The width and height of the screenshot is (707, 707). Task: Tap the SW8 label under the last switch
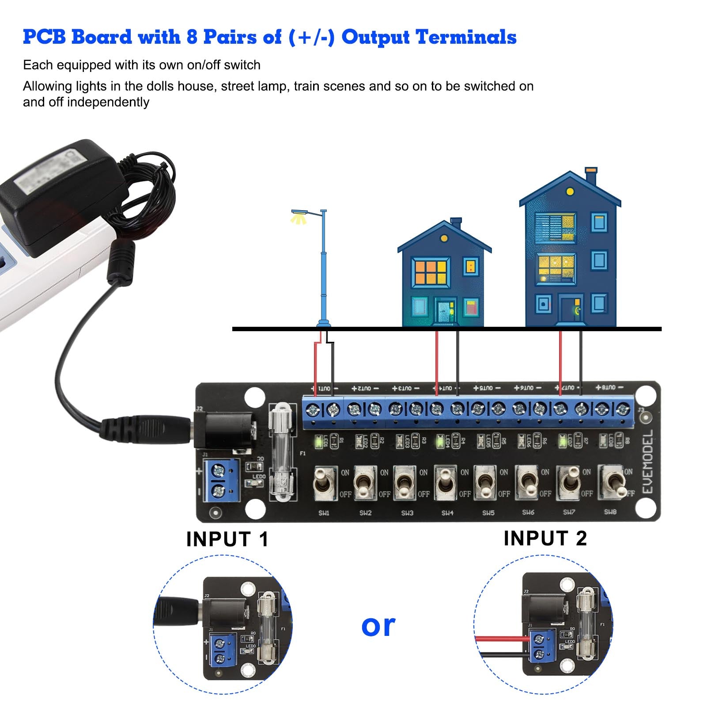click(x=610, y=512)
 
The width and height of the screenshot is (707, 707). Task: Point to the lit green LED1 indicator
click(x=318, y=441)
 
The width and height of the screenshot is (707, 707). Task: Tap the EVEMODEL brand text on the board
click(x=647, y=462)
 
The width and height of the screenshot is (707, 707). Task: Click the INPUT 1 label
click(x=227, y=539)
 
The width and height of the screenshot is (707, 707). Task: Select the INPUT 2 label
click(x=545, y=538)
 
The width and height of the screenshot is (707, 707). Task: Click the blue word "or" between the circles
click(x=378, y=626)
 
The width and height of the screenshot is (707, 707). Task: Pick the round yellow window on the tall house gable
click(x=570, y=192)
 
